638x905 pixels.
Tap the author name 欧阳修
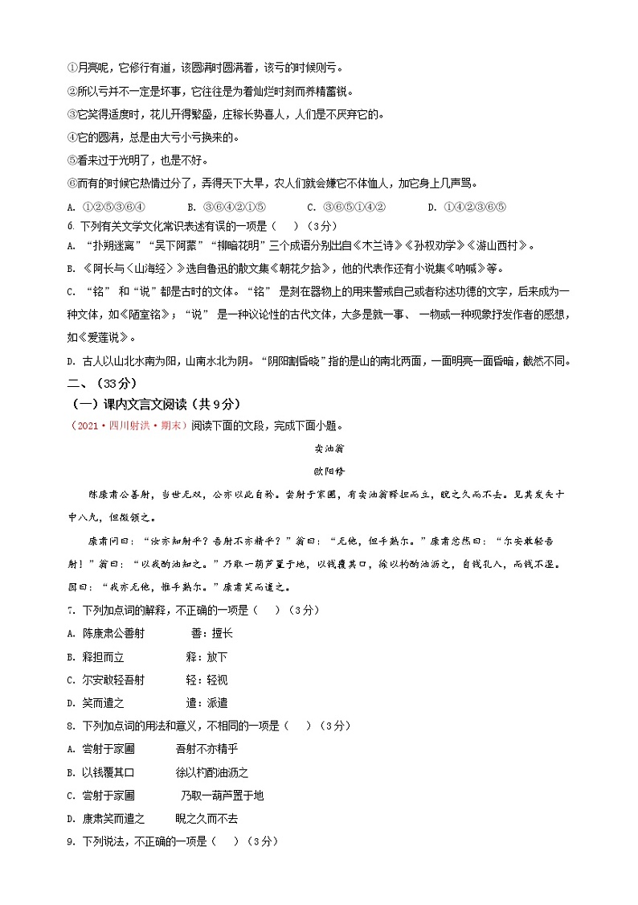click(319, 471)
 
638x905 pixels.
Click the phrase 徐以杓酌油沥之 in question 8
click(212, 772)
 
